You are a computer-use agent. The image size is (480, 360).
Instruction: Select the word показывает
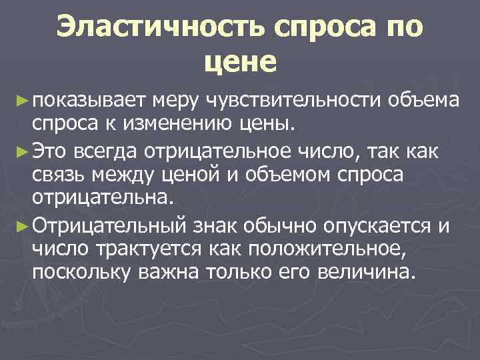click(x=88, y=101)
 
